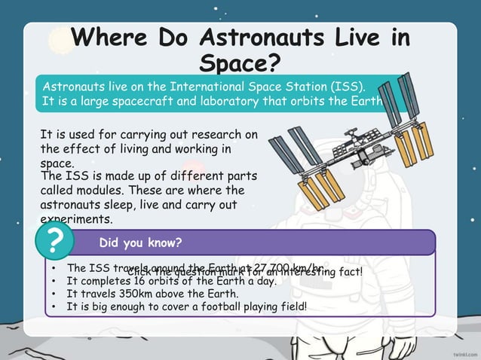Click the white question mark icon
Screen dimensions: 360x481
[x=54, y=242]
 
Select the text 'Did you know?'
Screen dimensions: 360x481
[x=139, y=243]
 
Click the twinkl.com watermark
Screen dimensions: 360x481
[x=460, y=352]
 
